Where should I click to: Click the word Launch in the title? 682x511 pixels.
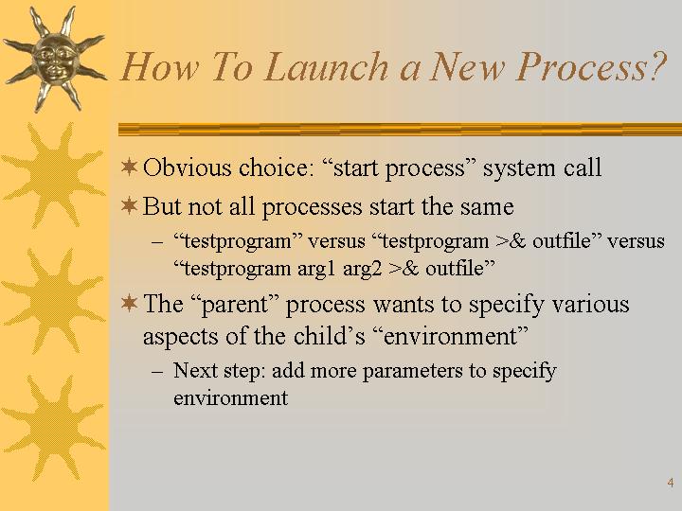pos(326,66)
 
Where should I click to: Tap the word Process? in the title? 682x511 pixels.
pos(591,67)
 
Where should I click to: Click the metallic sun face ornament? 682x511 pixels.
pos(54,60)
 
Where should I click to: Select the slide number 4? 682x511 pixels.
pos(671,483)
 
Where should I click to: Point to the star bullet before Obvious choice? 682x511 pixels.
pos(129,167)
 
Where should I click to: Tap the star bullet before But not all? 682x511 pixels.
pos(129,205)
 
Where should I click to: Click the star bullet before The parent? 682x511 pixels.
pos(129,303)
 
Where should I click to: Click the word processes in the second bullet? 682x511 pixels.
pos(312,207)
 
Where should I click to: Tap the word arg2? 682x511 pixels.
pos(362,270)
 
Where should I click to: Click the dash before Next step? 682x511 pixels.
pos(157,373)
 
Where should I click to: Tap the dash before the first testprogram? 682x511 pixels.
pos(157,242)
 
